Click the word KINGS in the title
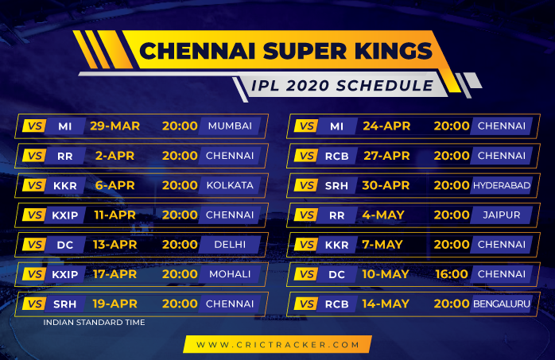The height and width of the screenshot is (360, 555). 393,51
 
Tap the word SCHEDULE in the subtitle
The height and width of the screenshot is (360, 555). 385,86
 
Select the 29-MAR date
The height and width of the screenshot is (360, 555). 114,126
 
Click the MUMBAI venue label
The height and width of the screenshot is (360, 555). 230,126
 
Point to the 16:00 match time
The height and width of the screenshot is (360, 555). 452,274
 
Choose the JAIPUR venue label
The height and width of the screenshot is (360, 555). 502,215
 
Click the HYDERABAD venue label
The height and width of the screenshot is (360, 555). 502,185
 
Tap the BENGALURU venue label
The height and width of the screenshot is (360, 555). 502,304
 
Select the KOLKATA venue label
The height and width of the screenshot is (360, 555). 230,185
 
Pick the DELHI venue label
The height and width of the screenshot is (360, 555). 230,244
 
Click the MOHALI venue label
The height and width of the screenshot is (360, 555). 230,274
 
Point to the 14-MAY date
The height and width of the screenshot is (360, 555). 386,304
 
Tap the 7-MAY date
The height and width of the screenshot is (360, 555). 382,244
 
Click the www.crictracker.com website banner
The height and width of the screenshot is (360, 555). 277,344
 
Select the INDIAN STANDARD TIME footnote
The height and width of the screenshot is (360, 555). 94,322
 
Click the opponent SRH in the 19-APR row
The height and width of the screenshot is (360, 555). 64,304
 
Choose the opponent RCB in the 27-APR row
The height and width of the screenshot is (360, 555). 337,156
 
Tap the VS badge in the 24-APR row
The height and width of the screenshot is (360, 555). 306,126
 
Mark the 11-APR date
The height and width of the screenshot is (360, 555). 114,215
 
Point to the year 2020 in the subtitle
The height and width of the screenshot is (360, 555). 307,86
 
